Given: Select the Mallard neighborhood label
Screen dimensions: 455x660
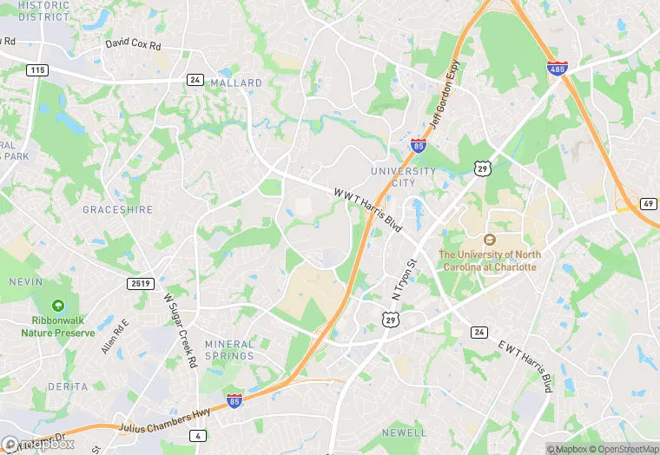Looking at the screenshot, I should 236,83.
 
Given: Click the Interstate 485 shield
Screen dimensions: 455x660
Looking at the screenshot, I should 558,68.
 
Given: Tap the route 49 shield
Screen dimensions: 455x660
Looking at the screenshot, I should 648,203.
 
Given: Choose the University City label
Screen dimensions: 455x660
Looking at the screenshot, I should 403,176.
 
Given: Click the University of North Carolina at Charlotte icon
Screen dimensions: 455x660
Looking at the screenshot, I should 489,239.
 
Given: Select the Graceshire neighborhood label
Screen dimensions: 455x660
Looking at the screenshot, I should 117,209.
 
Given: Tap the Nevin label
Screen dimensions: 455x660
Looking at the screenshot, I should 25,281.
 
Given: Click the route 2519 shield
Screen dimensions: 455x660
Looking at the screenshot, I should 141,284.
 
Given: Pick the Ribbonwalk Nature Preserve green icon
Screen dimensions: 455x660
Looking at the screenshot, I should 58,306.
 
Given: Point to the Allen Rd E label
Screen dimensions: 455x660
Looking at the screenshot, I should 115,336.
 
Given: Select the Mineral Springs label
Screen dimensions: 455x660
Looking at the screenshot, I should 229,350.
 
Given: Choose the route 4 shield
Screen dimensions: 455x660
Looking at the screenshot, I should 200,435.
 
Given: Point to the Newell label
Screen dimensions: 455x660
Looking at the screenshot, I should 404,432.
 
